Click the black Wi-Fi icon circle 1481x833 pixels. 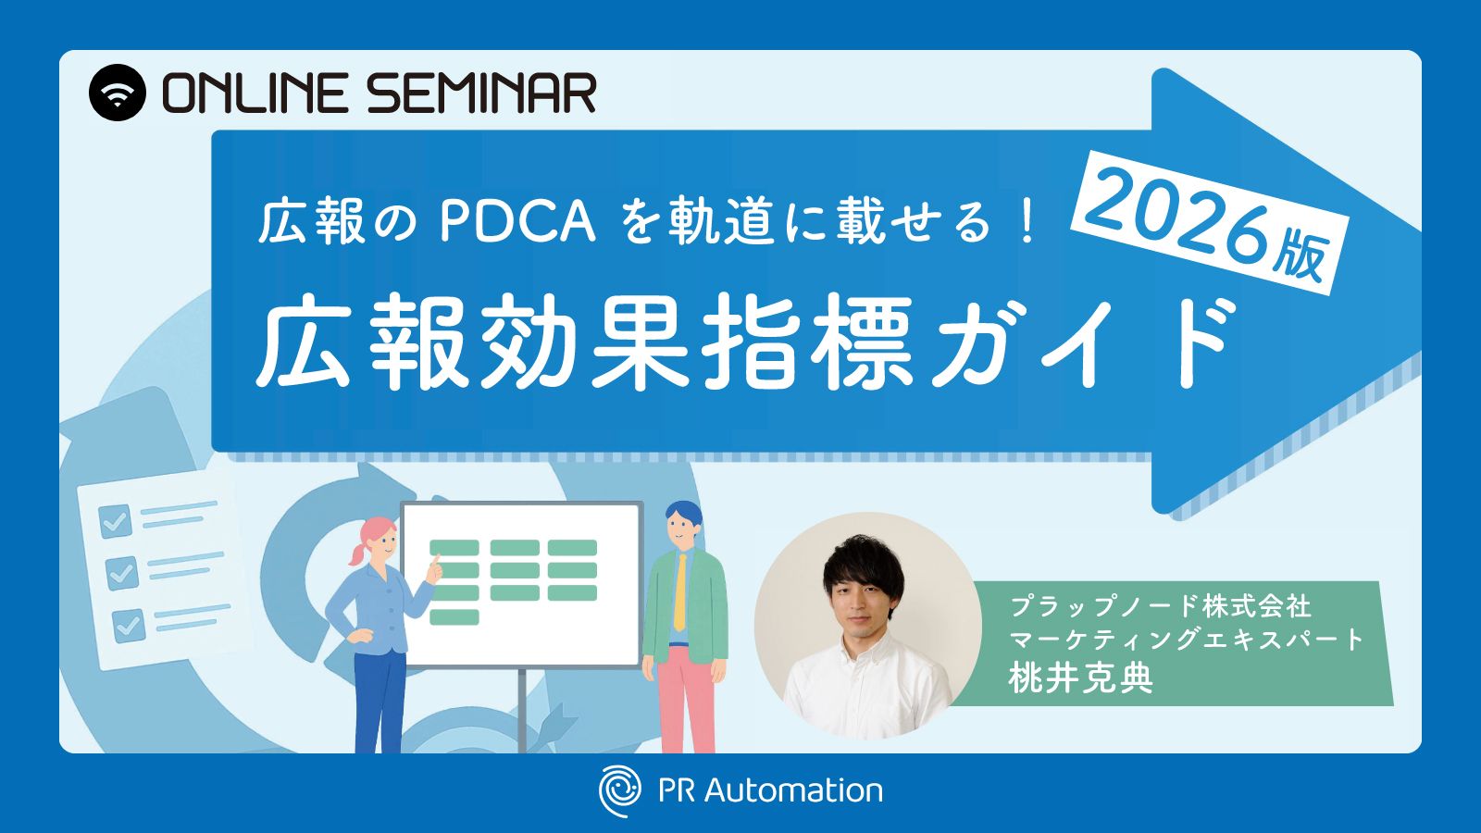(x=117, y=93)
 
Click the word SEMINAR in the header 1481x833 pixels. (x=482, y=93)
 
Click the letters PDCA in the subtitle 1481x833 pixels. (x=517, y=223)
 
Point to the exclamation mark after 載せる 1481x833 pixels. (x=1027, y=222)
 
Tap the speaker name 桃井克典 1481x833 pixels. (x=1081, y=677)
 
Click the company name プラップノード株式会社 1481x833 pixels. (x=1161, y=606)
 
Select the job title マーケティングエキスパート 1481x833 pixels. (x=1187, y=640)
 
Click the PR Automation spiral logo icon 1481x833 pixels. (x=619, y=790)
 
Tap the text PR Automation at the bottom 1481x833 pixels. (x=770, y=790)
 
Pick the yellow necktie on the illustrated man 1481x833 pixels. (x=680, y=592)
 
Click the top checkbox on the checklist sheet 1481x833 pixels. (x=115, y=522)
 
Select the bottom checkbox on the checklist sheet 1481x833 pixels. (x=129, y=626)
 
